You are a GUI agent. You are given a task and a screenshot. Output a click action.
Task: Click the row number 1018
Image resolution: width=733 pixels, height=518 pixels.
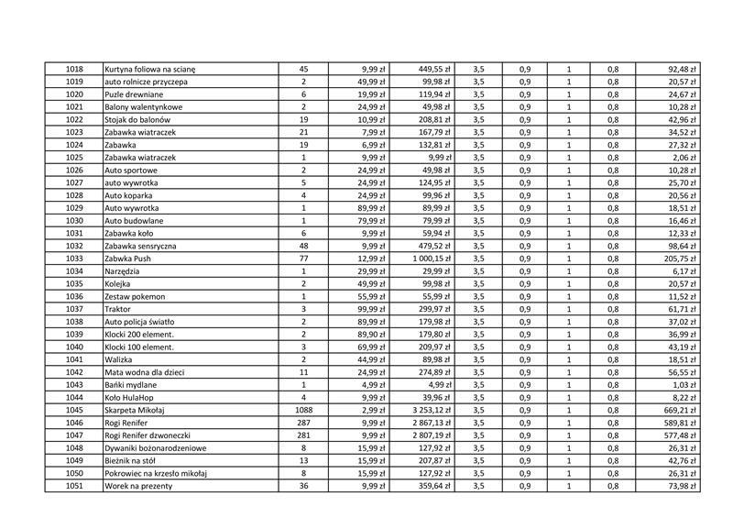click(x=74, y=69)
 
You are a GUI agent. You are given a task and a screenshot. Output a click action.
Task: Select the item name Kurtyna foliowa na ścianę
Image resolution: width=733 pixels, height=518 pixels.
click(x=150, y=69)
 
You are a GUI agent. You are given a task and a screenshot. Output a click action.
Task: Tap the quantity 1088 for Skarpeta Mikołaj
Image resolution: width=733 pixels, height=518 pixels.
click(x=303, y=410)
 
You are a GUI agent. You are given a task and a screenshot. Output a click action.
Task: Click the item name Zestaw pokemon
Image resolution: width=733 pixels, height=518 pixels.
click(x=135, y=296)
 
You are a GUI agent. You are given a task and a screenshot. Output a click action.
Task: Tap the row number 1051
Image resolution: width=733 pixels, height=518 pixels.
click(x=74, y=485)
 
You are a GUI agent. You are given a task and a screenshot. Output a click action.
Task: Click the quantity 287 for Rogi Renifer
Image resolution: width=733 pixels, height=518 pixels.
click(x=303, y=423)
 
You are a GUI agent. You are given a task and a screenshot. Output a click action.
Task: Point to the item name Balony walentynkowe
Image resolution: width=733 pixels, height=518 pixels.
click(x=143, y=106)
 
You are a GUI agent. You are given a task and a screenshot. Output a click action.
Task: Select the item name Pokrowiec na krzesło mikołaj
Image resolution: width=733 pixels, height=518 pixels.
click(x=156, y=473)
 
